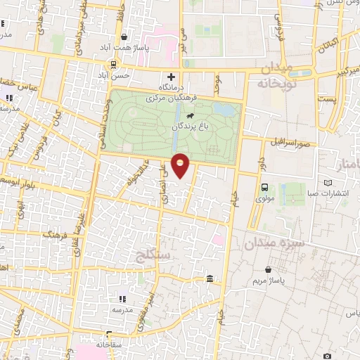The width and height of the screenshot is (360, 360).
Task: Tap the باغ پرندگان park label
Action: (x=191, y=127)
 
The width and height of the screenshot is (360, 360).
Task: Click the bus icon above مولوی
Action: (x=265, y=187)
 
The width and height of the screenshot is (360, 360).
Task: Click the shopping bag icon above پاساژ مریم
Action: (x=268, y=269)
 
